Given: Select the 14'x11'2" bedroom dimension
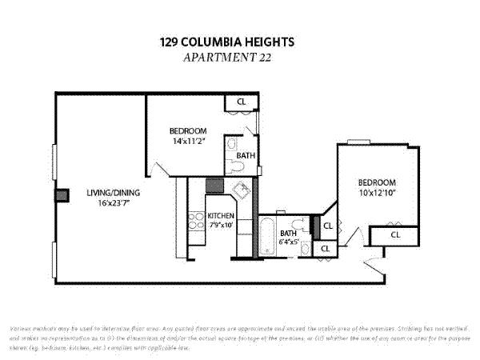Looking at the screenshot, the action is [188, 141].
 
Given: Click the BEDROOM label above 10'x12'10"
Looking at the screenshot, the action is [376, 182].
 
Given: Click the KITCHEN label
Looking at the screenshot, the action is [221, 216].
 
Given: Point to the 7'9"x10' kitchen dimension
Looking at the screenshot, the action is [221, 226].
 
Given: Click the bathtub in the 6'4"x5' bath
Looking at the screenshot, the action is [267, 236].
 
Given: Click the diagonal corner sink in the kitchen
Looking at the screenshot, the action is [242, 190].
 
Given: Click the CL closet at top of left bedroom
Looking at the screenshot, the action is [240, 102].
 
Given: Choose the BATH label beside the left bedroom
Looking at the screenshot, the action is [246, 155].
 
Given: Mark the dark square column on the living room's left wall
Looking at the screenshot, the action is [58, 196].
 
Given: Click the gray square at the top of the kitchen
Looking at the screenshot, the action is [214, 186].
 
